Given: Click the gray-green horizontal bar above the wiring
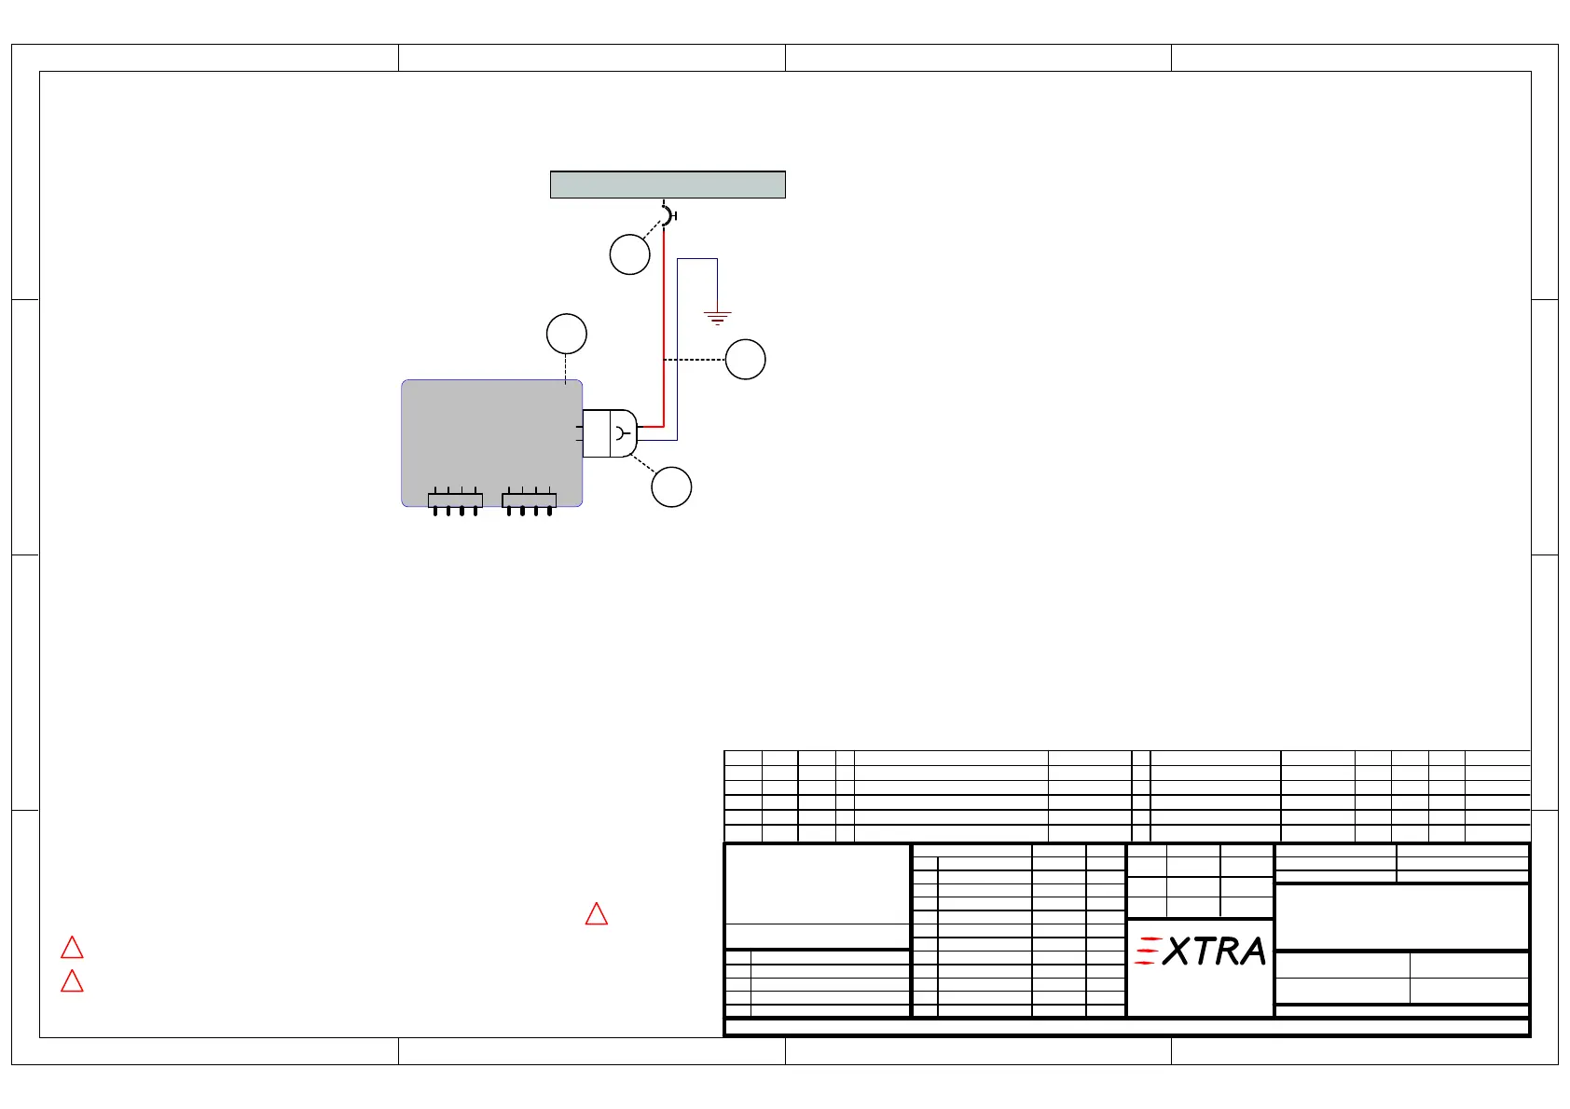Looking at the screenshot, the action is pos(668,185).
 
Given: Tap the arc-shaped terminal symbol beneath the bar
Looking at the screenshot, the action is pos(667,215).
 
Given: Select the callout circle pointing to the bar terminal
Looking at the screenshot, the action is pos(629,254).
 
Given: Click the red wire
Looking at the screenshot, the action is pos(663,326).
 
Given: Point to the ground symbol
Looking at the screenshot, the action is pos(717,318).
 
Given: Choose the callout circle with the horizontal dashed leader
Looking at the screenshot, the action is pos(745,359).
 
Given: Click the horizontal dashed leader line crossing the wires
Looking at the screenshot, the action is pos(695,359).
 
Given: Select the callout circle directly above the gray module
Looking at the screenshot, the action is pos(566,334).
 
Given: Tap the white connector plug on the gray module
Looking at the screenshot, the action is pos(609,433).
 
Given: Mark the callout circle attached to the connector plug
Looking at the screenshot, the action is pos(671,487).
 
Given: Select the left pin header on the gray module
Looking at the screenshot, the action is pos(455,500).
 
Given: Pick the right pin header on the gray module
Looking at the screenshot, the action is pos(529,500).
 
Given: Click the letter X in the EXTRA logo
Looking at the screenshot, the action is pos(1177,952).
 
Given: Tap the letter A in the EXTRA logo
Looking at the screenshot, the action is pos(1250,952).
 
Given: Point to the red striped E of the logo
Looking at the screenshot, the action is pos(1147,951).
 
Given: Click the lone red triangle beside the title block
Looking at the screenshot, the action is pos(597,914).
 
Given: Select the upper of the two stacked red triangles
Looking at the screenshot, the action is pos(72,948).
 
